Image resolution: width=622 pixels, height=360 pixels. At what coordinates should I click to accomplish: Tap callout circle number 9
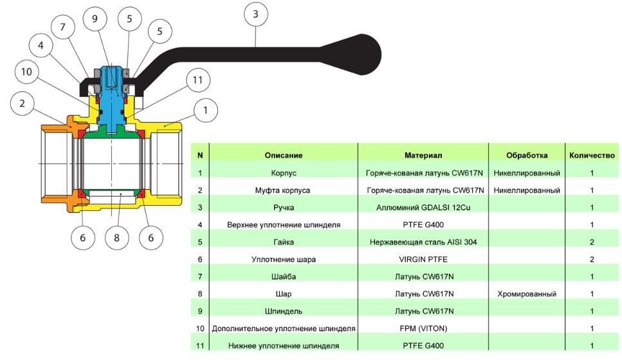[x=95, y=19]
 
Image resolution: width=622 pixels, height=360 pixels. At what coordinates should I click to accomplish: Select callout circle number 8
[x=116, y=238]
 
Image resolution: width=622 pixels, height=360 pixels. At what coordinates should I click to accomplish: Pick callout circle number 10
[x=26, y=71]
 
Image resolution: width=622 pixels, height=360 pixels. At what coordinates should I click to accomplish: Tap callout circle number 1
[x=205, y=110]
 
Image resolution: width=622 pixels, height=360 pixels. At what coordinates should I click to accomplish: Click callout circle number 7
[x=63, y=28]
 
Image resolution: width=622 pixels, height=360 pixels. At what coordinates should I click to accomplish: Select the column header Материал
[x=423, y=155]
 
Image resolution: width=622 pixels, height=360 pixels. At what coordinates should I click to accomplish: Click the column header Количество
[x=592, y=155]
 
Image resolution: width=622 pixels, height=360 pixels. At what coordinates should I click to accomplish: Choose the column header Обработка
[x=527, y=155]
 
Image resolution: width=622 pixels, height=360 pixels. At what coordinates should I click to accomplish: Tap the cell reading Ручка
[x=283, y=208]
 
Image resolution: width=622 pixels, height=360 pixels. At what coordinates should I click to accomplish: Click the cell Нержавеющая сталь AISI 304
[x=423, y=242]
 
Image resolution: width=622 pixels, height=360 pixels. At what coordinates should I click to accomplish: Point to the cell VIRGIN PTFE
[x=423, y=260]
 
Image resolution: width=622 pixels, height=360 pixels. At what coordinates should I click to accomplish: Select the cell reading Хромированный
[x=527, y=294]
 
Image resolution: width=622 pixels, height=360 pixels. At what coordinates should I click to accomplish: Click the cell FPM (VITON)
[x=423, y=328]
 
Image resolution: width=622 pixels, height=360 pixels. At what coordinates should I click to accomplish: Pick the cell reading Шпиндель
[x=283, y=311]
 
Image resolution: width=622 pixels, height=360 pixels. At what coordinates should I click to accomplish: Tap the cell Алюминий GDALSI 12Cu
[x=423, y=208]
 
